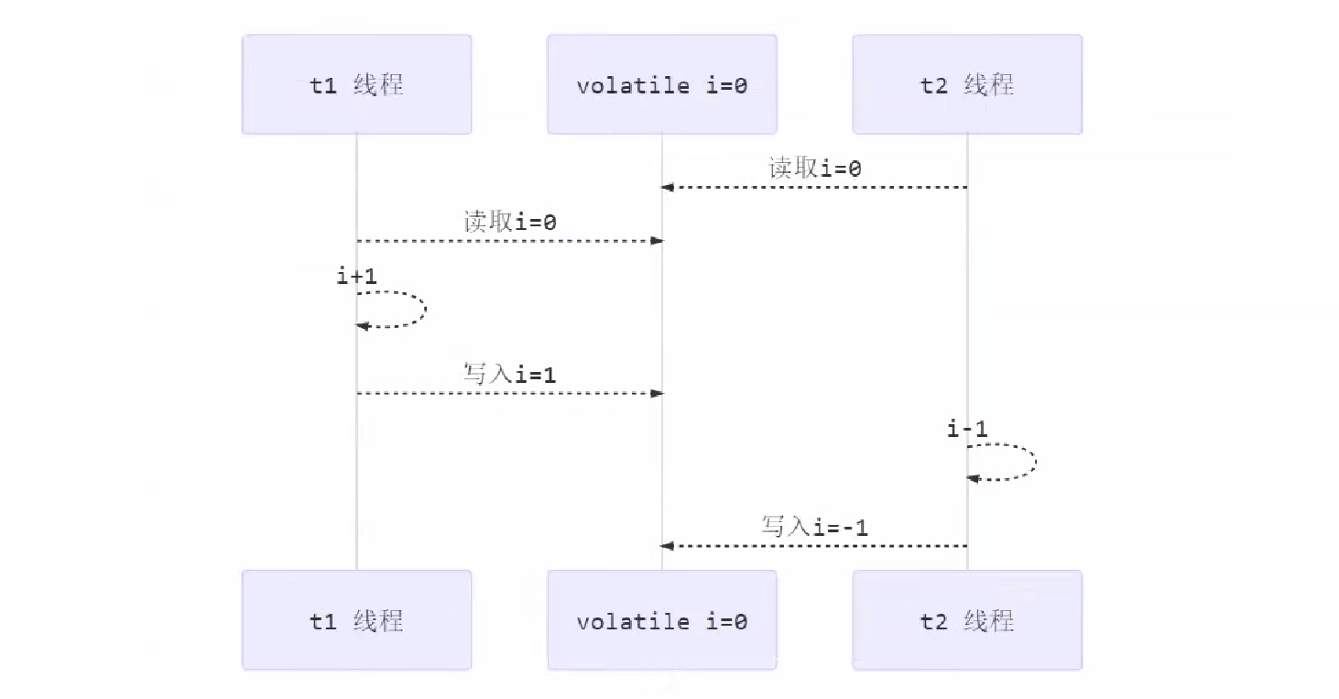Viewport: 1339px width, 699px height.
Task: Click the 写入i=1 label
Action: point(510,374)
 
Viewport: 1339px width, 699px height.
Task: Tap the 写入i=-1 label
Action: point(814,527)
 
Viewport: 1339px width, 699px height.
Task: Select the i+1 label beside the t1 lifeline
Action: point(356,276)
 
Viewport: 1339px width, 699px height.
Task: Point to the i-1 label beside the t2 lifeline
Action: point(967,428)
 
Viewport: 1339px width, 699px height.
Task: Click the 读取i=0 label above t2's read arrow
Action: point(814,169)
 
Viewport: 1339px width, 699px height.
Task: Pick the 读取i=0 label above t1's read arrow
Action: point(510,222)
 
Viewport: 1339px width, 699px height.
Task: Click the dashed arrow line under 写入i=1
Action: point(509,393)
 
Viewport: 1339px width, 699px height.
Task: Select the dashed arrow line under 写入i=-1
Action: point(814,546)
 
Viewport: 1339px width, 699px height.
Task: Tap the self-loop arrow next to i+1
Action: point(424,309)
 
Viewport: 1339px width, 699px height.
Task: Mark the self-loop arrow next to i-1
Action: point(1034,462)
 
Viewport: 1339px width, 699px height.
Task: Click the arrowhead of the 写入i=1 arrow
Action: point(657,393)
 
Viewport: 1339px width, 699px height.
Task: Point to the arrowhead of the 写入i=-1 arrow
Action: point(668,546)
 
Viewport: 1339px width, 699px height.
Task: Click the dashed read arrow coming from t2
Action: point(814,188)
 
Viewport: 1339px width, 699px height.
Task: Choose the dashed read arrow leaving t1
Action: point(509,241)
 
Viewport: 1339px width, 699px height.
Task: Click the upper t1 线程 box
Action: point(356,84)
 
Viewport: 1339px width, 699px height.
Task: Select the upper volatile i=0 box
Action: point(662,84)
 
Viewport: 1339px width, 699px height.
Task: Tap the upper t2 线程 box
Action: point(967,84)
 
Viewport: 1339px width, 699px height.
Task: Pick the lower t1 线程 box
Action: point(356,620)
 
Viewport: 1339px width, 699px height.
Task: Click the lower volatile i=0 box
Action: point(662,620)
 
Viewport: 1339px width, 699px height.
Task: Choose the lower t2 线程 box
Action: point(967,620)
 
